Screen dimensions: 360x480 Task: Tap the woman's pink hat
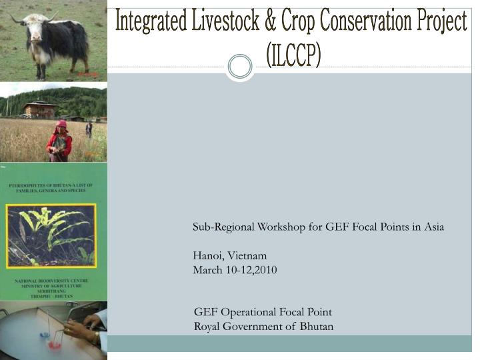(x=61, y=125)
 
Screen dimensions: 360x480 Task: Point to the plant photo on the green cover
(x=51, y=235)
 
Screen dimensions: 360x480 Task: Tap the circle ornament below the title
(x=240, y=66)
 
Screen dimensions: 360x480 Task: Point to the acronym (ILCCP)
(x=293, y=55)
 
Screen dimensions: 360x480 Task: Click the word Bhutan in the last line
(x=316, y=327)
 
